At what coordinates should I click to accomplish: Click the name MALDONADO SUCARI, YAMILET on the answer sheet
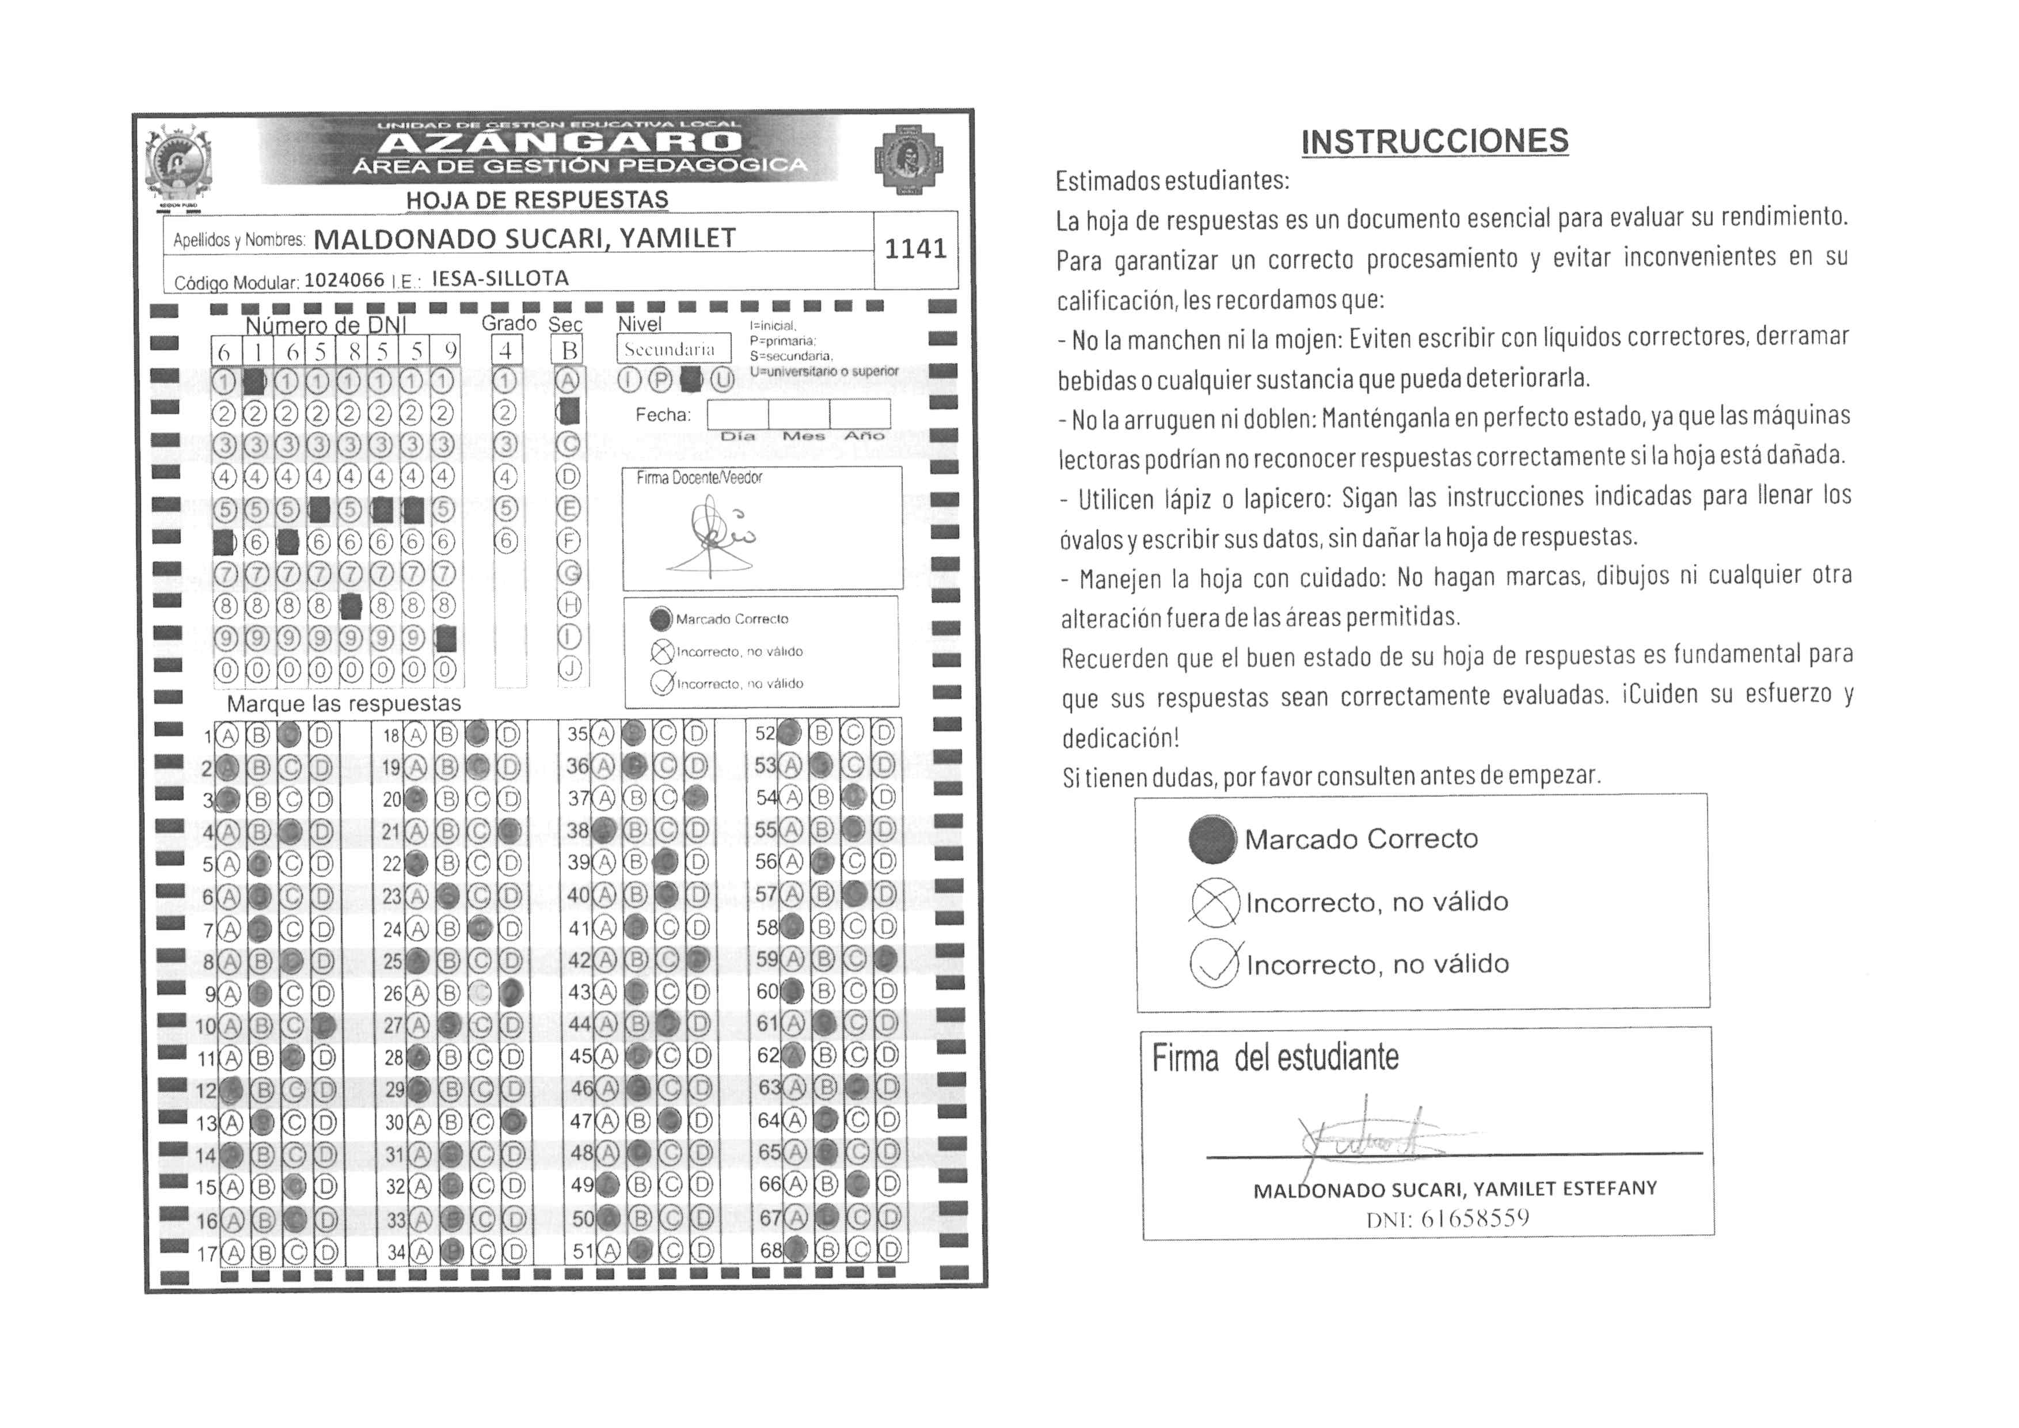(x=524, y=239)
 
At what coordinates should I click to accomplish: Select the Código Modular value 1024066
(x=344, y=280)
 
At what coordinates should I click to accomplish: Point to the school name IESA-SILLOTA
(x=500, y=279)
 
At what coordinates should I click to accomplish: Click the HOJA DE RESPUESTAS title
(x=537, y=200)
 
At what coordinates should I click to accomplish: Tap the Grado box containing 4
(x=505, y=351)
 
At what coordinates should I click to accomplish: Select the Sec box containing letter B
(x=569, y=351)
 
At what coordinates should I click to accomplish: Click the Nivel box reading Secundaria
(x=672, y=349)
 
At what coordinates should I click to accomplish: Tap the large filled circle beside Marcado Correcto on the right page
(x=1212, y=839)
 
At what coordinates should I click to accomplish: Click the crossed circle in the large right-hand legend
(x=1214, y=902)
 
